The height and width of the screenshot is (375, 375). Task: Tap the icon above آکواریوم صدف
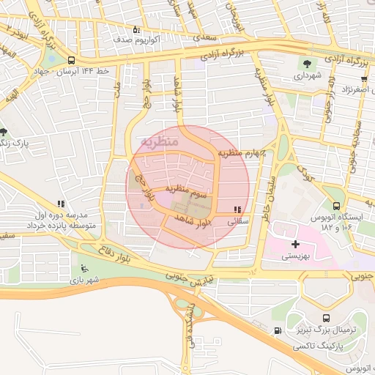coord(135,30)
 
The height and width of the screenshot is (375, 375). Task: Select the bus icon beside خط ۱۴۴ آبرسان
coord(70,61)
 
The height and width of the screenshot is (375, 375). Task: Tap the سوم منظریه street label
coord(189,190)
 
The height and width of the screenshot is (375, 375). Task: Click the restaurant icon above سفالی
coord(237,209)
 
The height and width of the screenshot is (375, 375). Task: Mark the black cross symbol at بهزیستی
coord(295,244)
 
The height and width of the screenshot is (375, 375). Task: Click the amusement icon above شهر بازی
coord(83,267)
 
